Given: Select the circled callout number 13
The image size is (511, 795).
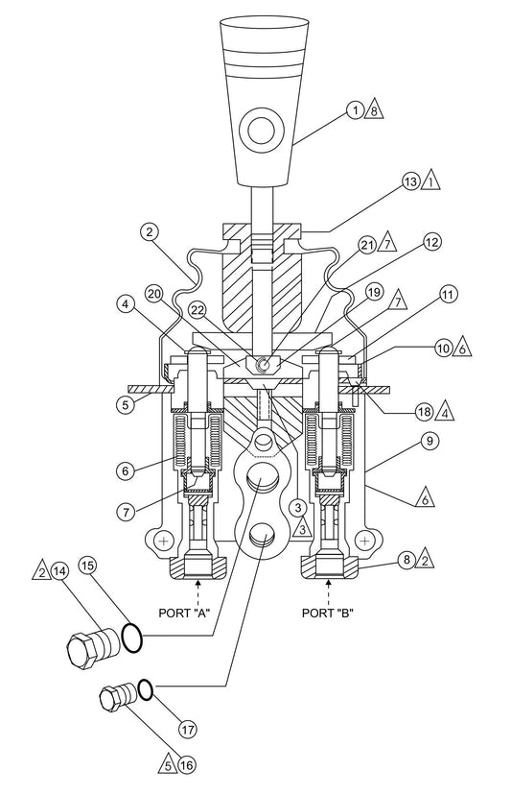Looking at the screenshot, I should (x=410, y=181).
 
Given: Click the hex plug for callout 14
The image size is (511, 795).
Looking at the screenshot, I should (x=84, y=648).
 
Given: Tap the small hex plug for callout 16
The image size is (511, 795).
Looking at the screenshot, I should (x=116, y=698).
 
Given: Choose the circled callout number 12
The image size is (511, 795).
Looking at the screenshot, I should (x=433, y=245).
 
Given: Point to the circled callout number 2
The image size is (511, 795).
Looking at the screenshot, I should (x=148, y=231).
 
